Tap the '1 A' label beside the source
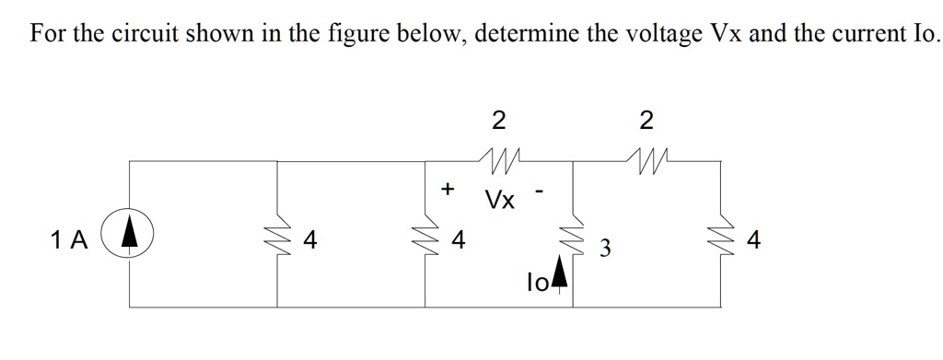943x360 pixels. pyautogui.click(x=70, y=241)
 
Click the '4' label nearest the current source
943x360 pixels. pyautogui.click(x=310, y=241)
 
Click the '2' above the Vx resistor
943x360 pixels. pyautogui.click(x=498, y=120)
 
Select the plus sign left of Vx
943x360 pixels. pyautogui.click(x=448, y=189)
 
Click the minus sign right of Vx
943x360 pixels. pyautogui.click(x=543, y=192)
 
